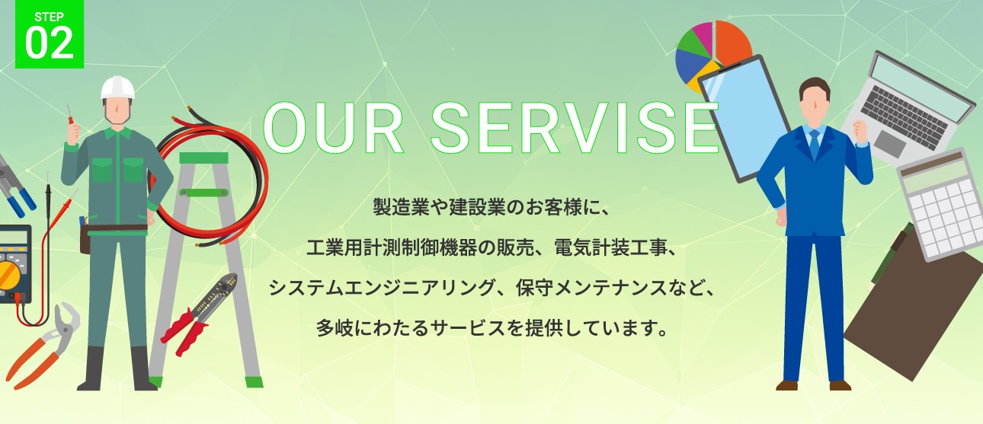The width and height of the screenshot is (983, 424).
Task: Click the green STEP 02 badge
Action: point(49,33)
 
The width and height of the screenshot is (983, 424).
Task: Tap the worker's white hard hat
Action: point(117,88)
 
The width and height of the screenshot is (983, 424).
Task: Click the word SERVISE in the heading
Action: point(574,128)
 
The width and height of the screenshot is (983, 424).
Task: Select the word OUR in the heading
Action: point(333,128)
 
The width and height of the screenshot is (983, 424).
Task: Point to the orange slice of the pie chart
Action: point(732,42)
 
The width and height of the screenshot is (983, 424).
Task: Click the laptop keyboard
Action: point(904,116)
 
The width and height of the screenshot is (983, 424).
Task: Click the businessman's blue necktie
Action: point(815,145)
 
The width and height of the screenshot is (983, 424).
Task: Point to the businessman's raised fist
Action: point(860,132)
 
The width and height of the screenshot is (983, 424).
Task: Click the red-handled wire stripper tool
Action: point(200,313)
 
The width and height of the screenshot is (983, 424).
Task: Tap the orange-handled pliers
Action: point(42,346)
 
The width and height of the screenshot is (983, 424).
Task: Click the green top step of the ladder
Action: point(203,158)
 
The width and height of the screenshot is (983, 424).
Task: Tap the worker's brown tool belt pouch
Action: point(85,239)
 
